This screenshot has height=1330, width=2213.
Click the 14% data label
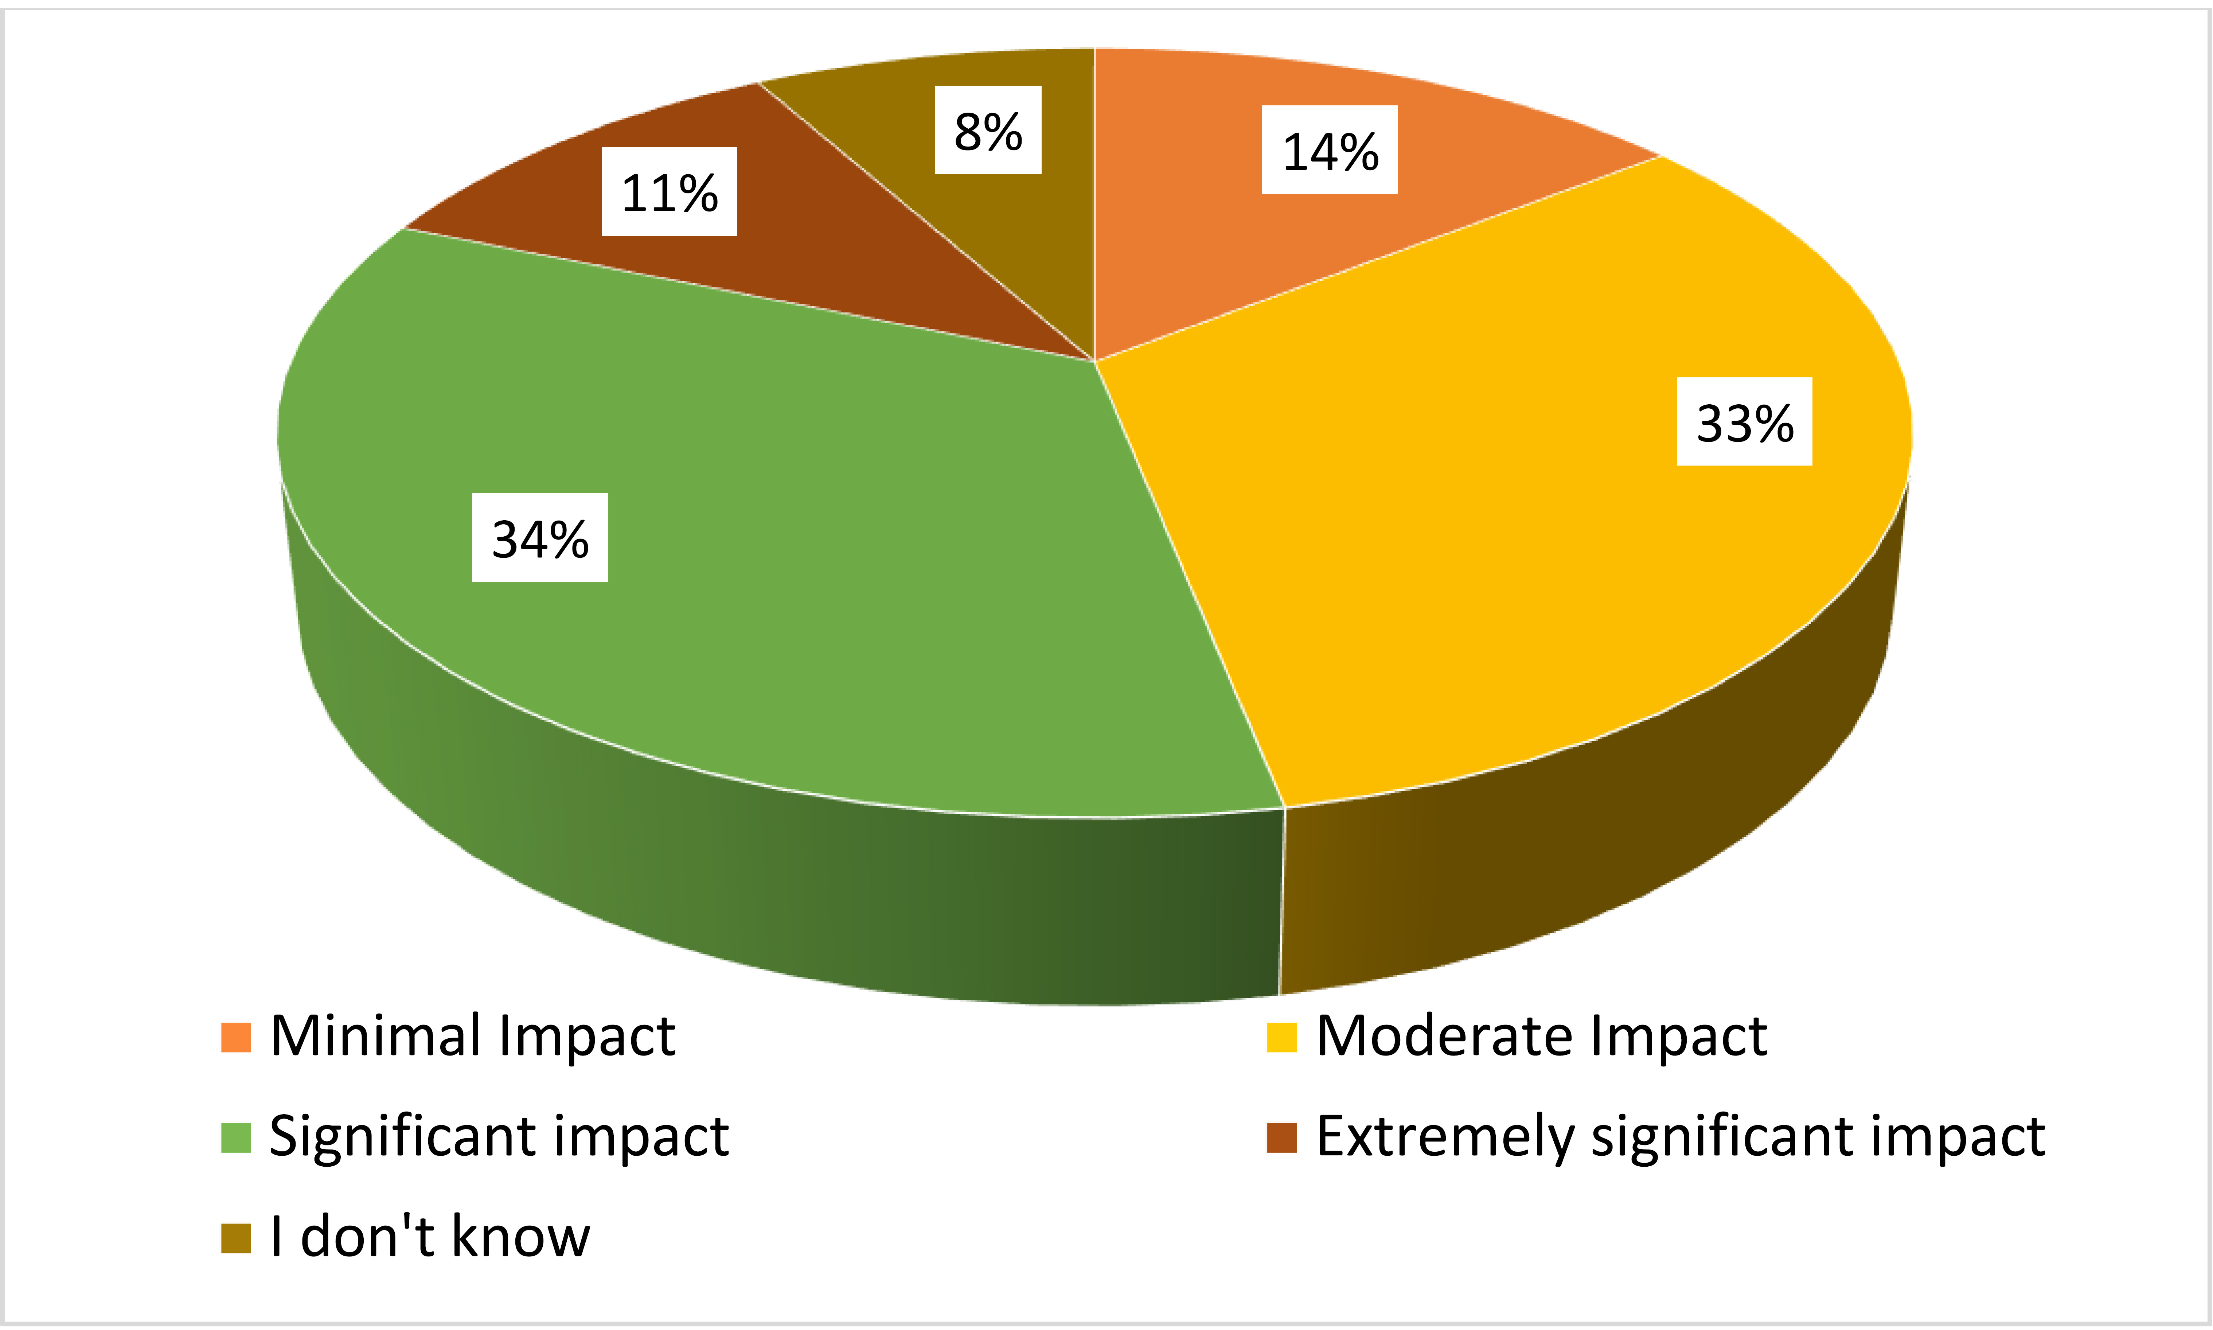tap(1330, 150)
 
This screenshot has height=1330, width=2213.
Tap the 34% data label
tap(539, 538)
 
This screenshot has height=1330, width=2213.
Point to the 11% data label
tap(668, 192)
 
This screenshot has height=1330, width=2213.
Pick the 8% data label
tap(987, 130)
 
